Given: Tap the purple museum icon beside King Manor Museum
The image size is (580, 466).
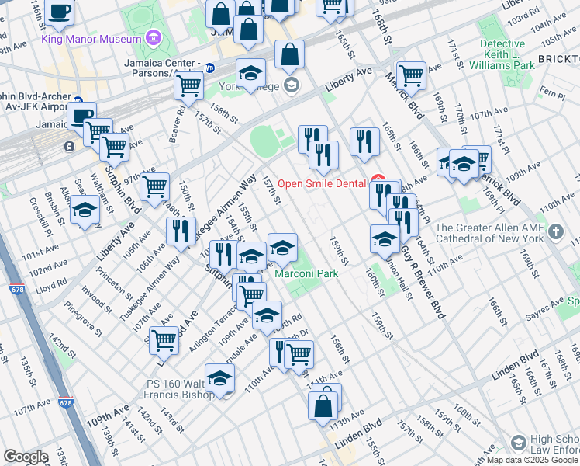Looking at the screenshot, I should click(154, 37).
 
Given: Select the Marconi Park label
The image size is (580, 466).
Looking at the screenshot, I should click(306, 274).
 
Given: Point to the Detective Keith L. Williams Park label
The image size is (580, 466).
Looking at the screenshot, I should click(507, 55).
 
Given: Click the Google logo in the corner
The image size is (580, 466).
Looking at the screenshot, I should click(26, 456).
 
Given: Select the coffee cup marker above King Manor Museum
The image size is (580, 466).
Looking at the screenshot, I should click(59, 12).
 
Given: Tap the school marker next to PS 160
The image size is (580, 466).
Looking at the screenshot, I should click(220, 379).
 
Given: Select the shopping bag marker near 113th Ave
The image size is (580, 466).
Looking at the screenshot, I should click(323, 405).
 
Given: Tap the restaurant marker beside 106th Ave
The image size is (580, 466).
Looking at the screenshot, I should click(179, 231).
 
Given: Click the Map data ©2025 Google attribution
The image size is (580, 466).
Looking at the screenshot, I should click(532, 460).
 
